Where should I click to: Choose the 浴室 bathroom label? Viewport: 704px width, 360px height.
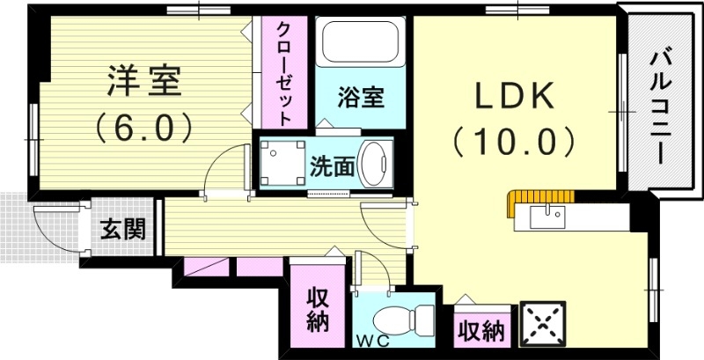[361, 97]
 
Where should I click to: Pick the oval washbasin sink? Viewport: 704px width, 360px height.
[375, 165]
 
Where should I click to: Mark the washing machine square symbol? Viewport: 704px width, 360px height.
[282, 162]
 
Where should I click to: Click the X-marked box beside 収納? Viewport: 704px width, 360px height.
[543, 325]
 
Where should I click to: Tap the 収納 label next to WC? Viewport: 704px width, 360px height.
[318, 311]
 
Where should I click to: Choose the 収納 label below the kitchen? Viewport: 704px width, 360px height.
[481, 332]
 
